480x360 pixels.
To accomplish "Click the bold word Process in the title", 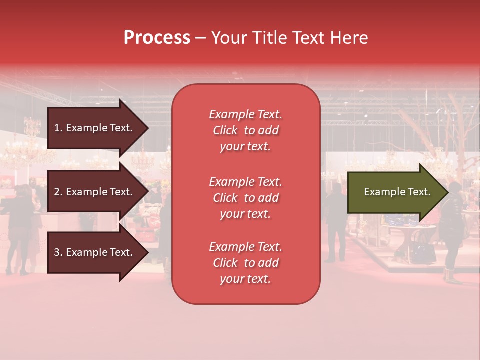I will click(x=157, y=38).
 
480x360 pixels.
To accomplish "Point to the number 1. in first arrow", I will click(x=58, y=128).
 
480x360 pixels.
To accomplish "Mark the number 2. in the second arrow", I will click(x=58, y=192).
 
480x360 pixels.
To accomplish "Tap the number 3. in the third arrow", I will click(x=58, y=252).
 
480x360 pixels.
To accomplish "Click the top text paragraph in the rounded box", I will click(x=245, y=130).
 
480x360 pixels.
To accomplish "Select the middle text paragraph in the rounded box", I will click(x=245, y=198).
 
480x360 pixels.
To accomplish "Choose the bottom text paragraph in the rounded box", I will click(x=245, y=263).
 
